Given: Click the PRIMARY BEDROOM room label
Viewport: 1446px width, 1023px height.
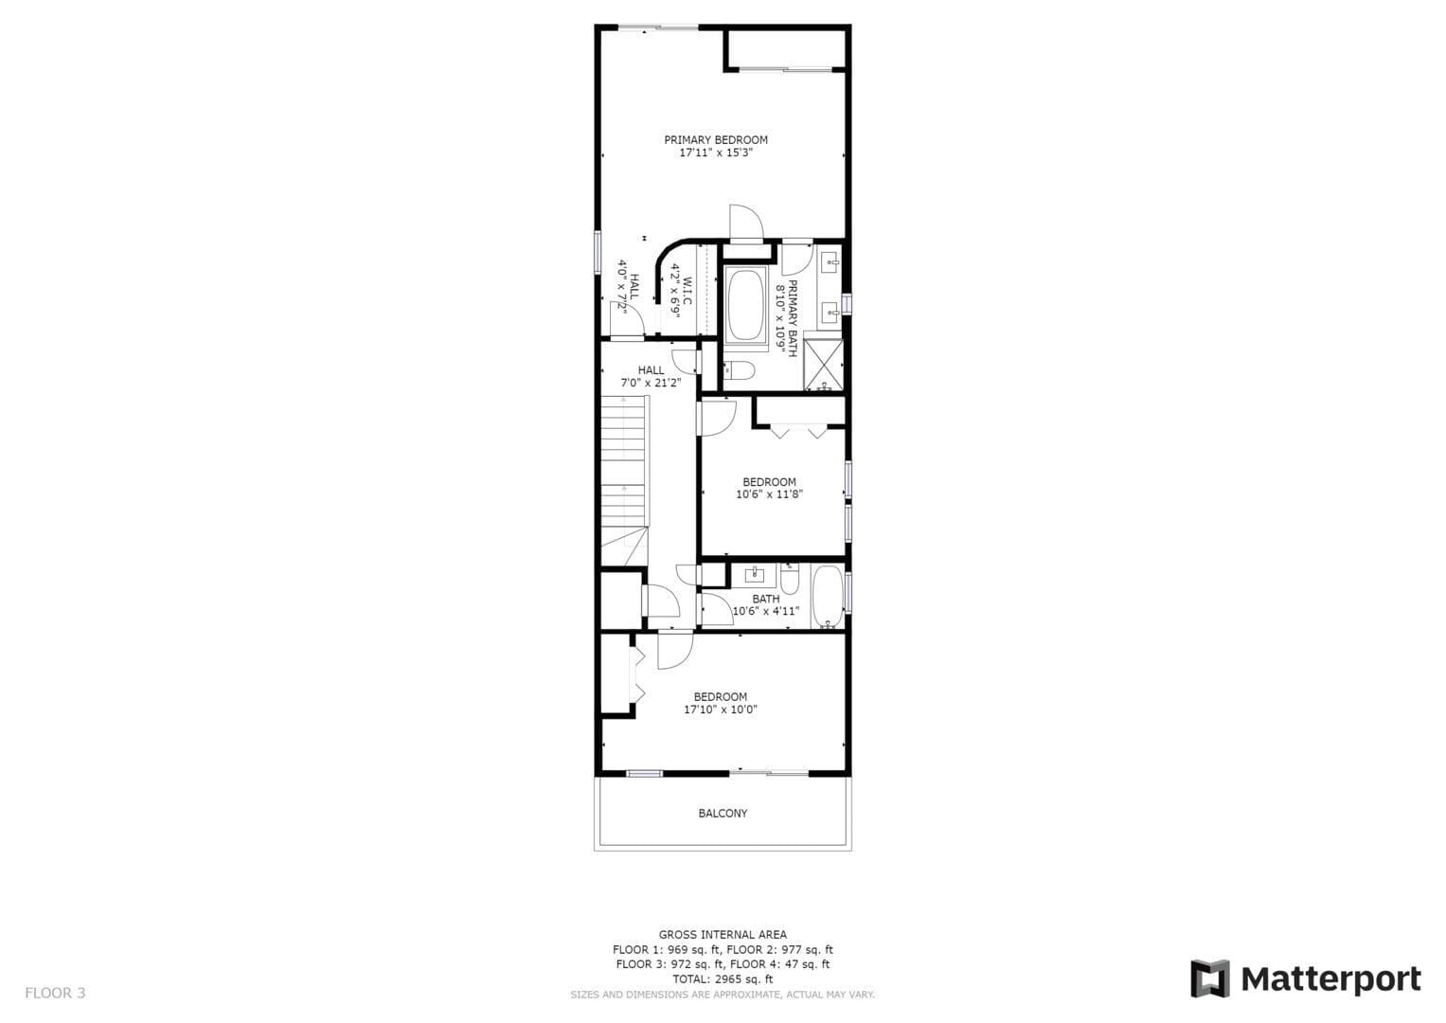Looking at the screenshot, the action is click(x=716, y=140).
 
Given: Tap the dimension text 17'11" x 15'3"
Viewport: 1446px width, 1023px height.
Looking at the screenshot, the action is click(x=716, y=153).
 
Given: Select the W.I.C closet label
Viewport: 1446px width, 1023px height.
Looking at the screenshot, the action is click(x=687, y=292).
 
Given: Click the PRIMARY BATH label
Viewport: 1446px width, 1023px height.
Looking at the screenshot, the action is click(x=792, y=317).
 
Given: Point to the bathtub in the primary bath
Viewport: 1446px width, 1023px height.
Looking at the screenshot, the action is click(x=745, y=304).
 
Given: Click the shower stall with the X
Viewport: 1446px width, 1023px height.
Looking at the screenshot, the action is click(x=824, y=365).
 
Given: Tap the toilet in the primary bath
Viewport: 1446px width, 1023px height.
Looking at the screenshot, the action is click(x=739, y=370).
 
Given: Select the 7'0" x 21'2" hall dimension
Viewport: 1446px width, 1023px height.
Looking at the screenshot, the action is click(x=651, y=383).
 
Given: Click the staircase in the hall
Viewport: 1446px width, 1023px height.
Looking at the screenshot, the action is click(x=625, y=481).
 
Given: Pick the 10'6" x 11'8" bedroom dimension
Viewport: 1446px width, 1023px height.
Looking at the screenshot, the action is click(x=770, y=494).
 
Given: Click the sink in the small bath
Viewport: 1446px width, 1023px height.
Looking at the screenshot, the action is click(x=754, y=574).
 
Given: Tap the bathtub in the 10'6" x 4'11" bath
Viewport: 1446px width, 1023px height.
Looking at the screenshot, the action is click(x=828, y=596).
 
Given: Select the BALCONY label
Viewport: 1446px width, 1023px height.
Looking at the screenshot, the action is click(x=723, y=814).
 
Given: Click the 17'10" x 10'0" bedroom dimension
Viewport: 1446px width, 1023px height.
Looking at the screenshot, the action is click(x=721, y=709).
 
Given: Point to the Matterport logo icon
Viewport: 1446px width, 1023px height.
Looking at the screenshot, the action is click(x=1210, y=979).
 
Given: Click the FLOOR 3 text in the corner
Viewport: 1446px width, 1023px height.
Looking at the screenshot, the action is click(x=55, y=994).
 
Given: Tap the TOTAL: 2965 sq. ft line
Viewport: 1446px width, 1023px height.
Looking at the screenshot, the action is click(x=723, y=979).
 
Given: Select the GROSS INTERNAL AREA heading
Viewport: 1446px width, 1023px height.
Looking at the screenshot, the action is click(x=723, y=935).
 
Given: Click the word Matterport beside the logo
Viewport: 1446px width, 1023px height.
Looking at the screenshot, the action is click(x=1331, y=980).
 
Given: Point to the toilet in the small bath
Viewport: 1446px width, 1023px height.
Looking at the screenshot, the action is click(x=790, y=578).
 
